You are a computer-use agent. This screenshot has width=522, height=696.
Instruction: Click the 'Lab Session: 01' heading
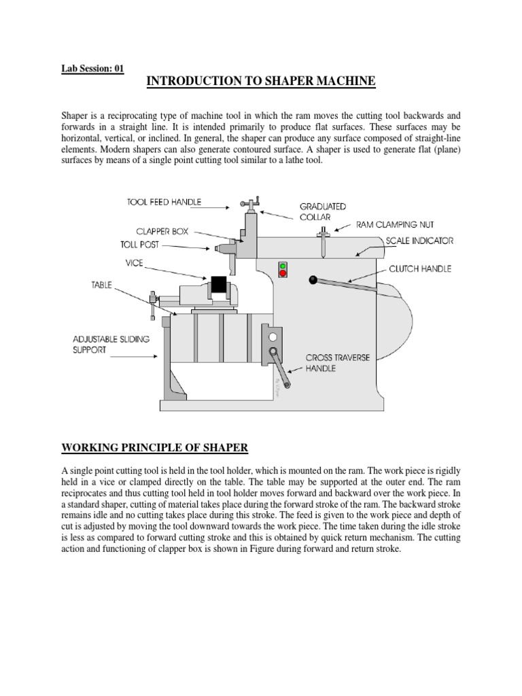pyautogui.click(x=92, y=69)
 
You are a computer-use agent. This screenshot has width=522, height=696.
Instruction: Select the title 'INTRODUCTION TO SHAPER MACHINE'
pyautogui.click(x=261, y=82)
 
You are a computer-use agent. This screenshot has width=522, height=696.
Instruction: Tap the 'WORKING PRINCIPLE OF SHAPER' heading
pyautogui.click(x=155, y=448)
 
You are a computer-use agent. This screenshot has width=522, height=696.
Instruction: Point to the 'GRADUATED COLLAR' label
pyautogui.click(x=323, y=211)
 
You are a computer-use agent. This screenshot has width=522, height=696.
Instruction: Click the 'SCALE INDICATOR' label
pyautogui.click(x=419, y=241)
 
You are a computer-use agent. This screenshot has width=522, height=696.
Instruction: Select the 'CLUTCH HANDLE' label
pyautogui.click(x=420, y=269)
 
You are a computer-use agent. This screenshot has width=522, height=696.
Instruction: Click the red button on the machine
pyautogui.click(x=282, y=274)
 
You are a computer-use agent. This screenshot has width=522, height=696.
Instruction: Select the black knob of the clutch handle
pyautogui.click(x=313, y=279)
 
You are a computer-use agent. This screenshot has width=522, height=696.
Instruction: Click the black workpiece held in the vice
pyautogui.click(x=219, y=285)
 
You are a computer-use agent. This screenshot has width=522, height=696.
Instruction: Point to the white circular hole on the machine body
pyautogui.click(x=273, y=336)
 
